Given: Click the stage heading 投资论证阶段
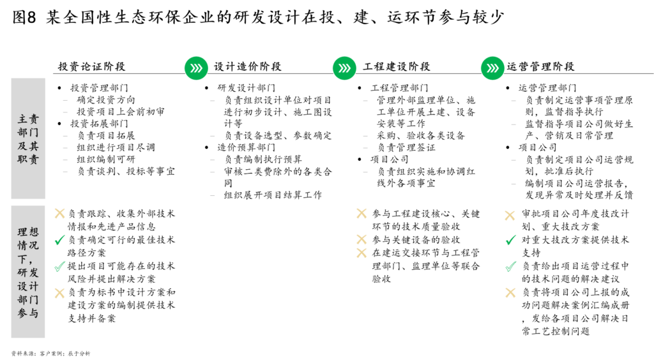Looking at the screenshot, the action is click(x=91, y=66).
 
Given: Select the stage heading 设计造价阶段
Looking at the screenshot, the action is click(x=247, y=66).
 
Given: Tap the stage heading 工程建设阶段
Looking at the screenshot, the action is click(x=396, y=66).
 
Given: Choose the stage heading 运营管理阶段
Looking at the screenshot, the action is click(x=540, y=66).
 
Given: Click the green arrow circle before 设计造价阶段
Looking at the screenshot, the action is click(x=196, y=68).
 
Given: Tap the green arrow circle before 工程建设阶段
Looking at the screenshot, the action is click(x=344, y=68).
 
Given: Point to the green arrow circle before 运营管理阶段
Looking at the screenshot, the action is click(x=492, y=68).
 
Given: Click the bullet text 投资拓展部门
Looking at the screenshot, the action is click(x=99, y=124).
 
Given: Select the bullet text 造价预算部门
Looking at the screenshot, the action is click(x=246, y=147).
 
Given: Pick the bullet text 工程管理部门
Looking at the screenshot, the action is click(x=399, y=88).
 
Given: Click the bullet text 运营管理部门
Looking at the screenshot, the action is click(x=547, y=88).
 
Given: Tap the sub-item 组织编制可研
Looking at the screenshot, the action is click(x=106, y=159).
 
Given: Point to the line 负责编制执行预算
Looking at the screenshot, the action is click(x=263, y=159).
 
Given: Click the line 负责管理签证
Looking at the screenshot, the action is click(x=406, y=147).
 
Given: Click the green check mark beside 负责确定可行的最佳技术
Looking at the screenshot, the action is click(x=59, y=240).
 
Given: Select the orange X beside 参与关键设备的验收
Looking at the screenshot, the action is click(x=361, y=239).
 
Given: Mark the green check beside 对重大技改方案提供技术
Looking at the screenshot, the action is click(x=510, y=240).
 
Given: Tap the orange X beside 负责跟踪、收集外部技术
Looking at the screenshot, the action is click(x=59, y=214).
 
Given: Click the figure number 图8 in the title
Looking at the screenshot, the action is click(x=24, y=17).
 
